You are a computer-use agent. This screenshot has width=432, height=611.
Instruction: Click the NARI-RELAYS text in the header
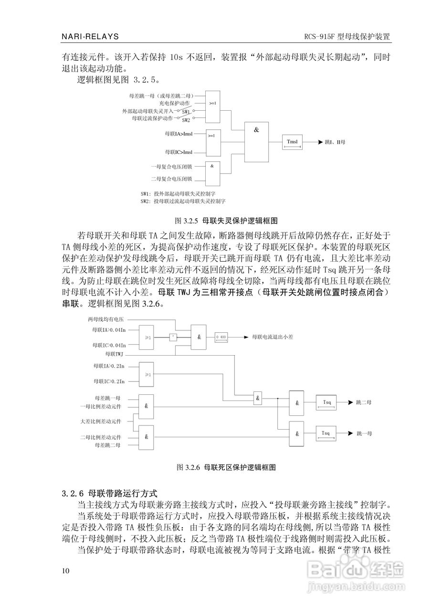point(90,37)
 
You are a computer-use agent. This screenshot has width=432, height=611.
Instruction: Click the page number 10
point(66,571)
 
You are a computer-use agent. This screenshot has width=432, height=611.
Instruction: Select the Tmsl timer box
point(292,142)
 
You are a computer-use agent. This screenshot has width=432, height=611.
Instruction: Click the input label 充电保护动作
point(174,103)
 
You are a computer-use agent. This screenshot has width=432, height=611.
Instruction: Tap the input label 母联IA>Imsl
point(178,134)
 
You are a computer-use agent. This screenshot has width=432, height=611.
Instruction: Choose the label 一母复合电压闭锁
point(171,167)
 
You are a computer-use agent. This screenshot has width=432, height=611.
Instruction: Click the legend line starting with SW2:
point(183,201)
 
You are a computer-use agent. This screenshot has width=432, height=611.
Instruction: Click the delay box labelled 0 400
point(221,337)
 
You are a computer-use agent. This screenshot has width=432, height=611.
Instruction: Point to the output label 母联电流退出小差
point(273,337)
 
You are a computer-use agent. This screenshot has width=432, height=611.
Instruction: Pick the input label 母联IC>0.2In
point(109,381)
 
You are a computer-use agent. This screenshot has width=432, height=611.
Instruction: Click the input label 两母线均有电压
point(105,319)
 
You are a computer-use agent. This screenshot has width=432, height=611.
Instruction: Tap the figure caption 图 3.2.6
point(227,466)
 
